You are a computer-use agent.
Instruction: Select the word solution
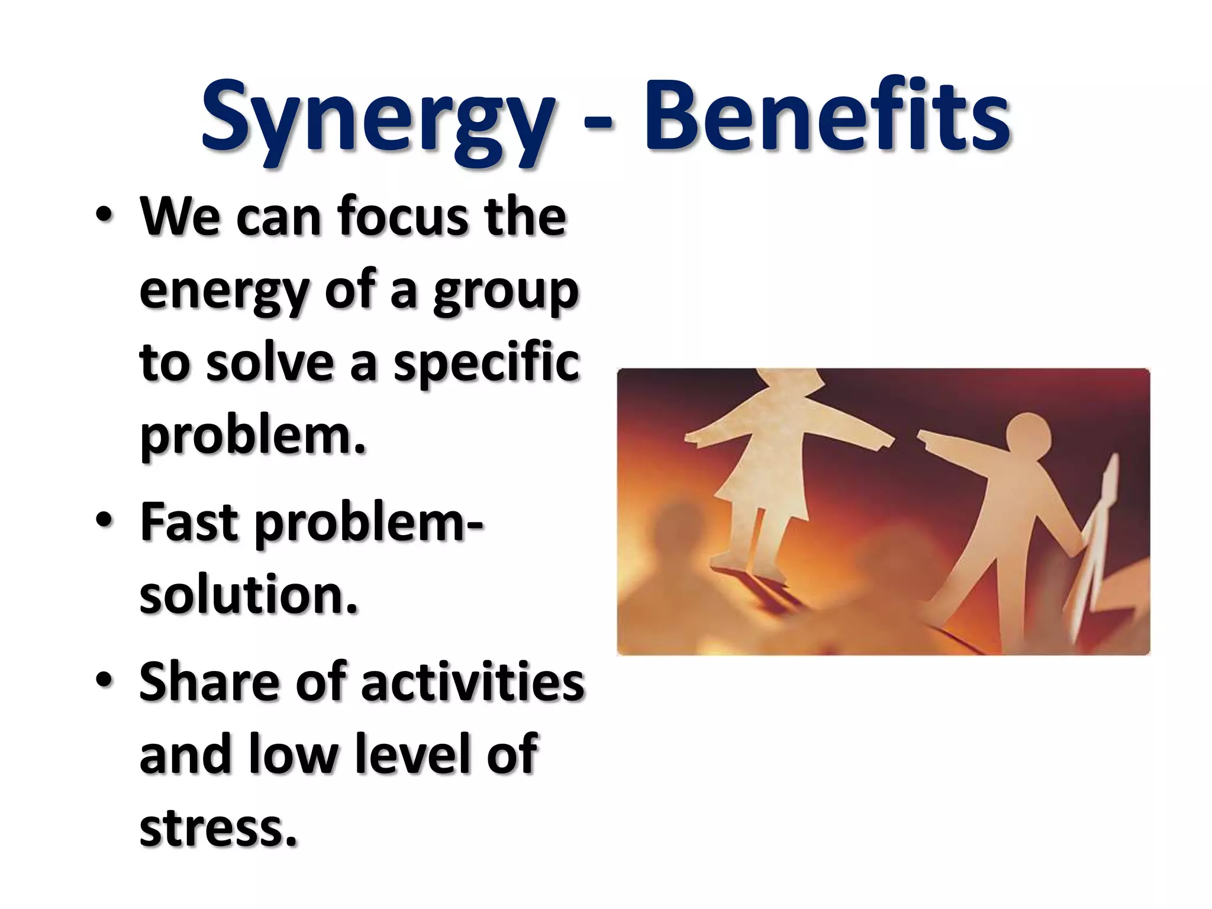249,595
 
